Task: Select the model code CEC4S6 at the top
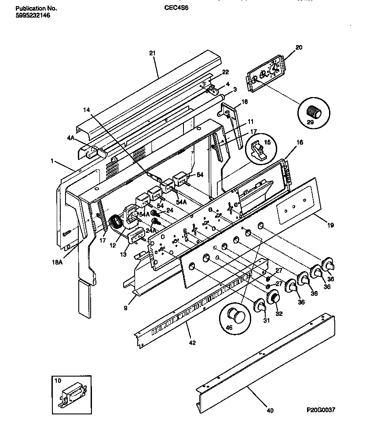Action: pos(176,8)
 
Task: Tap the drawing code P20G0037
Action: pos(321,410)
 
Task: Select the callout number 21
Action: pos(153,53)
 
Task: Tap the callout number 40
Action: pos(270,410)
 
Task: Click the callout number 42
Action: pos(192,342)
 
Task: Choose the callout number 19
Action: pos(330,225)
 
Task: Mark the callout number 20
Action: pos(299,47)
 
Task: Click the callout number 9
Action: pos(125,308)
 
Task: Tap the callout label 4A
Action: pos(70,138)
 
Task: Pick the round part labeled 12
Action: pos(115,222)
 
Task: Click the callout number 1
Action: pos(52,161)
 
